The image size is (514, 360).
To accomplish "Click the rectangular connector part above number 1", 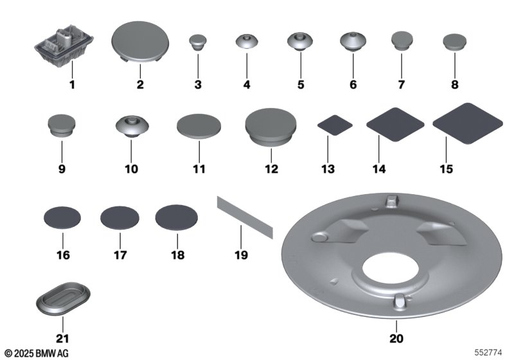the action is coord(64,46).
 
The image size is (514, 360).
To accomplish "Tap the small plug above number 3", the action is coord(198,42).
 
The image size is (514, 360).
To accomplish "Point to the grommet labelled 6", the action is coord(353,42).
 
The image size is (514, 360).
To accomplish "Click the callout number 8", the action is coord(455,85).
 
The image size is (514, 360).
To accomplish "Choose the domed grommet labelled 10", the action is coord(132,127).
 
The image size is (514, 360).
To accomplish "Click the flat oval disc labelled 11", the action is coord(199,127).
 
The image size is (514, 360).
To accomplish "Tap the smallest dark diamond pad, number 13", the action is coord(335,125).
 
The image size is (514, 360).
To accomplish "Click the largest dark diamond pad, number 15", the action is coord(468,123).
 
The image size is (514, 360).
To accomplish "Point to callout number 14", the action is coord(379,169).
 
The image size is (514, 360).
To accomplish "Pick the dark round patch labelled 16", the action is coord(62,218).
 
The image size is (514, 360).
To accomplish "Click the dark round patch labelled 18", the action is coord(176,217).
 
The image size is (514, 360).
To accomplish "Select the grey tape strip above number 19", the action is coord(245,217).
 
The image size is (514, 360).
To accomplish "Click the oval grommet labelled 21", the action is coord(63,298).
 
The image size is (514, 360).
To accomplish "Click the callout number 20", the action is coord(396,338).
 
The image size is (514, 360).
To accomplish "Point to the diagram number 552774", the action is coord(488,352).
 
